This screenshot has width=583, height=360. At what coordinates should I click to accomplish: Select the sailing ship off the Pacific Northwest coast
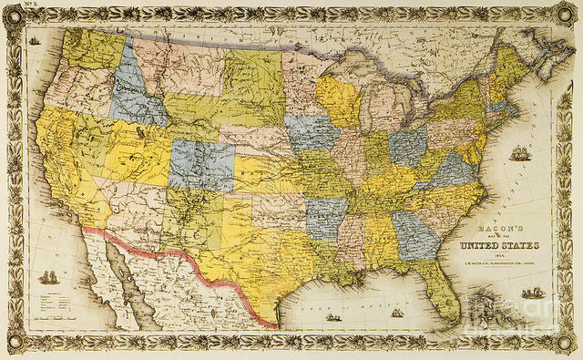coord(35,40)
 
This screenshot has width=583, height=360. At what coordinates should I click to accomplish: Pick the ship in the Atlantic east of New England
coord(519,153)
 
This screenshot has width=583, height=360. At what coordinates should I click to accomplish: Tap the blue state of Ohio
coord(407,145)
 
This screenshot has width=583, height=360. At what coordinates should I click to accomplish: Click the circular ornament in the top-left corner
coord(13,11)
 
